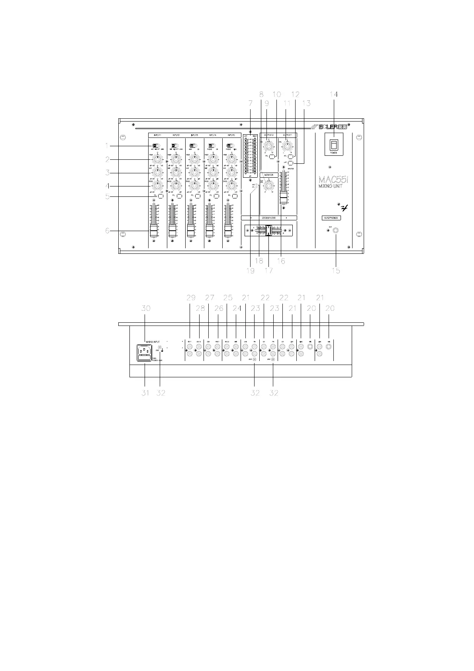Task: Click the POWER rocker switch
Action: pyautogui.click(x=334, y=144)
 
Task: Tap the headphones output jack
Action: pyautogui.click(x=337, y=231)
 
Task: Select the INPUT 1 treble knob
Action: pyautogui.click(x=158, y=160)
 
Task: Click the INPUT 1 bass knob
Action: pyautogui.click(x=158, y=186)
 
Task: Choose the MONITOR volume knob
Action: pyautogui.click(x=269, y=186)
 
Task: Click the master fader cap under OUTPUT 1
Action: pyautogui.click(x=283, y=197)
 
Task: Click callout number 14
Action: pyautogui.click(x=334, y=94)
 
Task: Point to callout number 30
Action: pyautogui.click(x=145, y=308)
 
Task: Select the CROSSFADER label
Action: pyautogui.click(x=269, y=218)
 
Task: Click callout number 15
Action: pyautogui.click(x=336, y=271)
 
